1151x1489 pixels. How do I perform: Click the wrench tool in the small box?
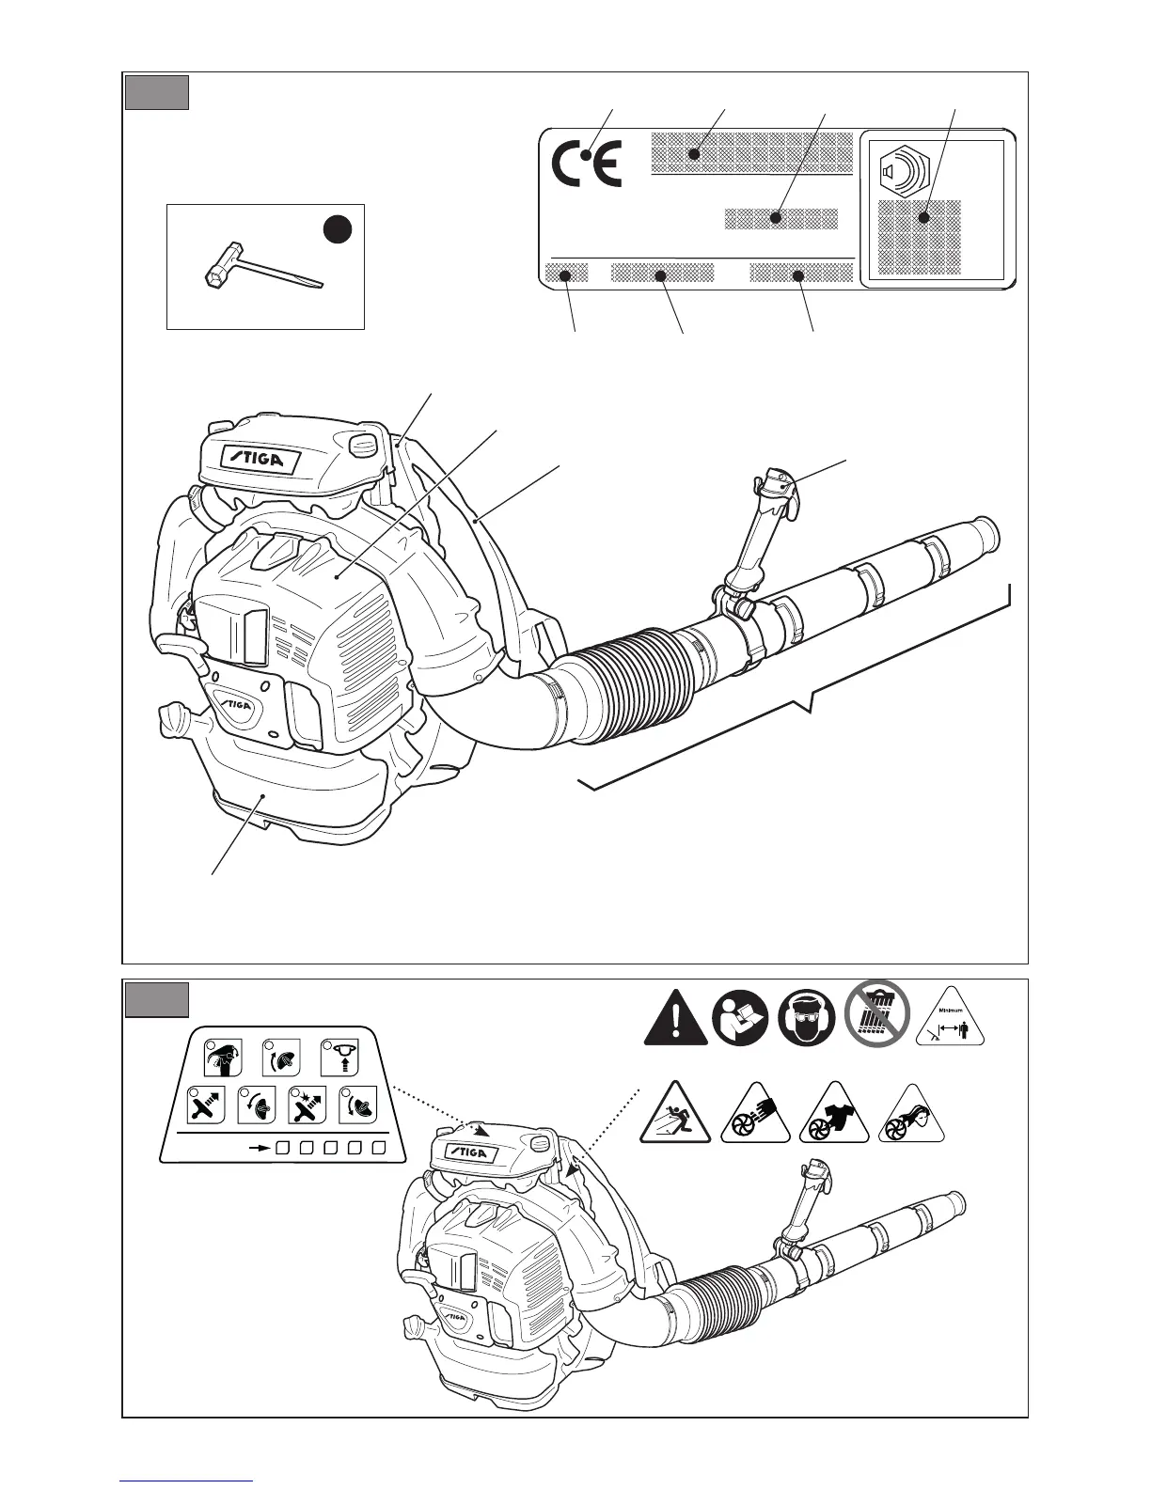tap(262, 268)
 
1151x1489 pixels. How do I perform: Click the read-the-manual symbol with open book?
tap(740, 1018)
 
